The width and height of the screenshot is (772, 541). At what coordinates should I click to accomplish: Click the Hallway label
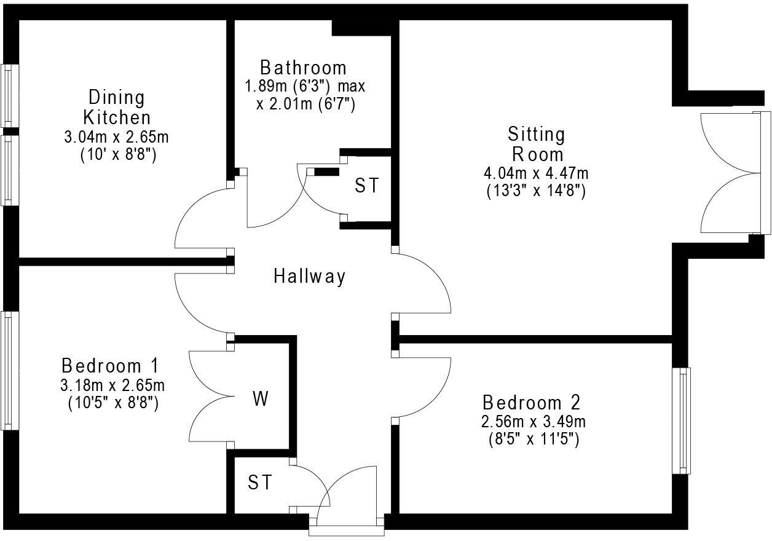tap(309, 277)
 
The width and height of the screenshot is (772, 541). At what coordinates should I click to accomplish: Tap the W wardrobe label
tap(261, 400)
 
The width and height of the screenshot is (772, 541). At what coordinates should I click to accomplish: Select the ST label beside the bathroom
tap(367, 186)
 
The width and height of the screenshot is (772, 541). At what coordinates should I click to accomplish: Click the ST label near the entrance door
tap(260, 483)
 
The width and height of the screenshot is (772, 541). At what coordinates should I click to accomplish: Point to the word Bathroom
tap(303, 67)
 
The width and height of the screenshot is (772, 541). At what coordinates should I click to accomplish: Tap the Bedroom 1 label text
tap(111, 366)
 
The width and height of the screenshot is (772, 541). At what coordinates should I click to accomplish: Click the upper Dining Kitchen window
tap(9, 96)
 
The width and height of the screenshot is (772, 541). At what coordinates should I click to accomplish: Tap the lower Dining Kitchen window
tap(9, 170)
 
